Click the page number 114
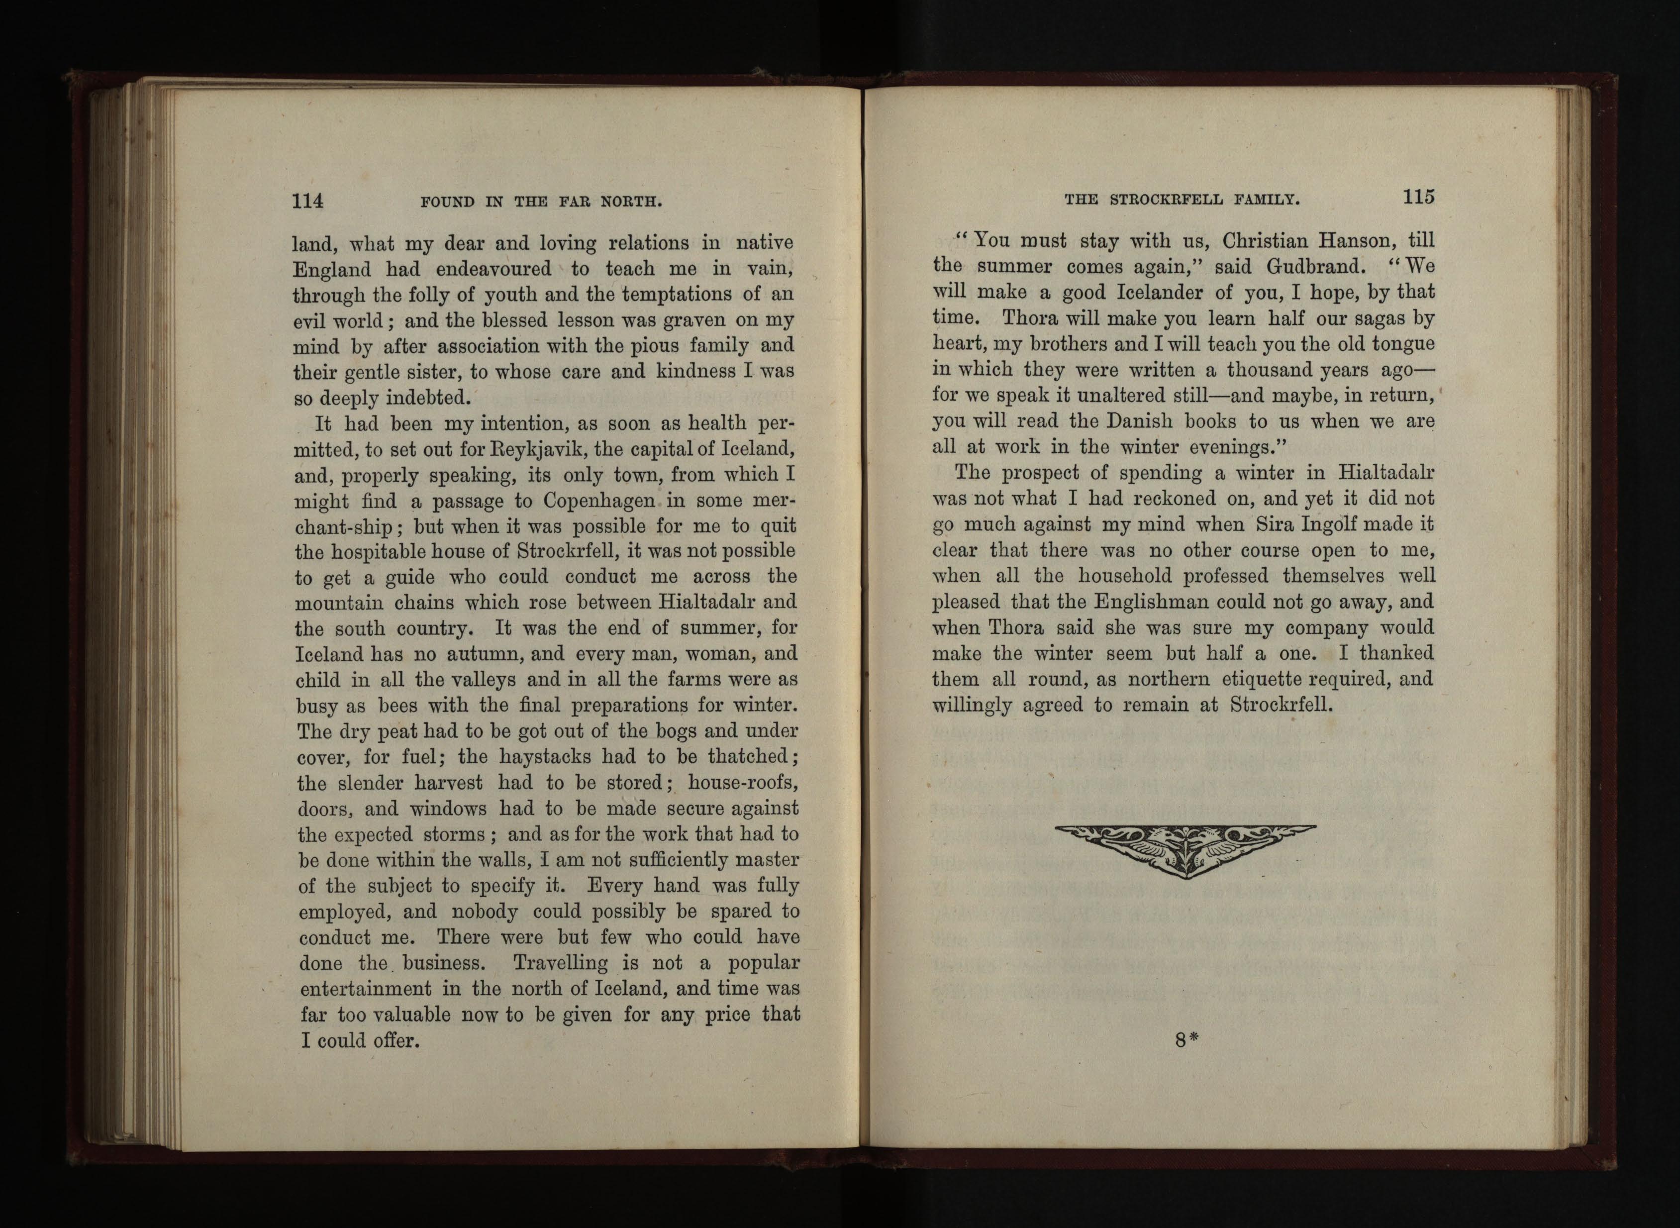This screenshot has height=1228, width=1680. [307, 201]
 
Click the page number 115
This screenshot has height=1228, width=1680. [1418, 197]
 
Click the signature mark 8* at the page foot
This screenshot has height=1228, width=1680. [1186, 1040]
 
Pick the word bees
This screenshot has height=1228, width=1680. [398, 706]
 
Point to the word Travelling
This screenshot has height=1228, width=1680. [560, 963]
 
